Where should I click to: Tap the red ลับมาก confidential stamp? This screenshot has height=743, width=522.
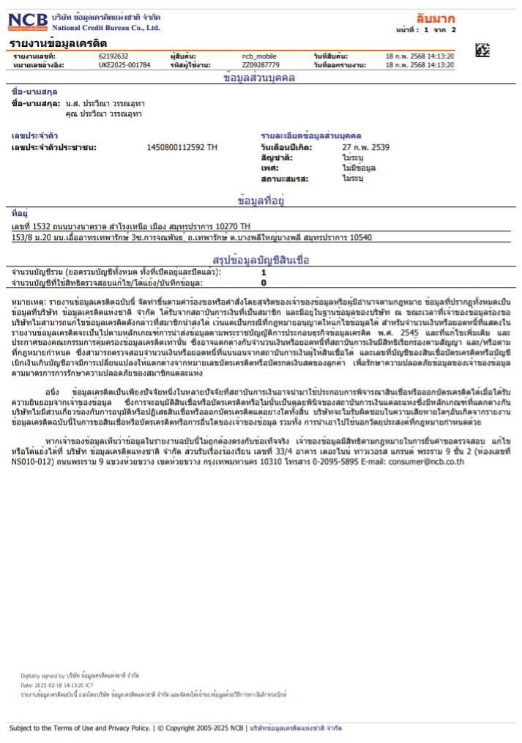coord(434,18)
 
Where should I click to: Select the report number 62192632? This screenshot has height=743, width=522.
coord(113,56)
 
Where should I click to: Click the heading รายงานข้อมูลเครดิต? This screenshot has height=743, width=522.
coord(59,44)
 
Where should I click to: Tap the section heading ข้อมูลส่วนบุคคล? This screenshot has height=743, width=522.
coord(259,78)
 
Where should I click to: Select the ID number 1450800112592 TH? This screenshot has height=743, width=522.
coord(182,147)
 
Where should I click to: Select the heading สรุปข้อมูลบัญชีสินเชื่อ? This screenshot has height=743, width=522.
coord(261,260)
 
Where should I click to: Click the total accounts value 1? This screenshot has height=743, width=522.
coord(264,272)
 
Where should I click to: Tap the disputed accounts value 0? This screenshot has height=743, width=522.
coord(264,282)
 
